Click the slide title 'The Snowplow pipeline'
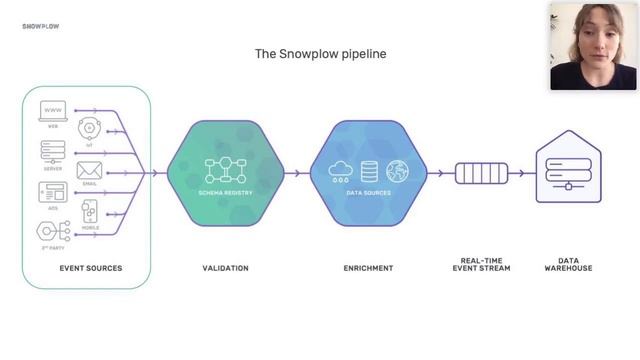(320, 53)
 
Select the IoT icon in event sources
(90, 129)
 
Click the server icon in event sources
(52, 151)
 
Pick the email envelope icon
(90, 170)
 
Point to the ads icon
(52, 191)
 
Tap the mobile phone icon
(90, 212)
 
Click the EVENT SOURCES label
(90, 268)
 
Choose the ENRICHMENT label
(368, 268)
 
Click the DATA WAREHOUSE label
(568, 264)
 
